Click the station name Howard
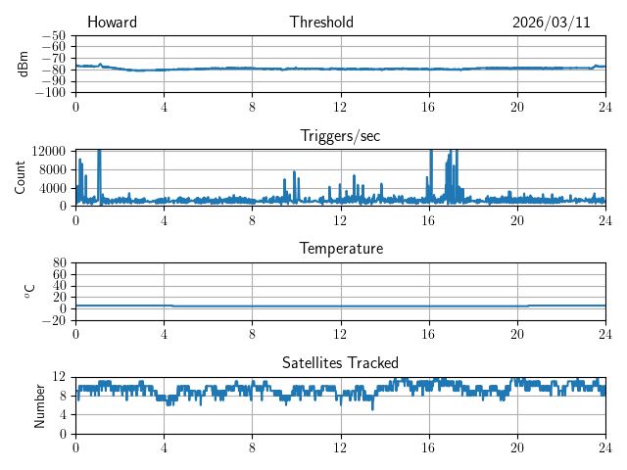(x=112, y=23)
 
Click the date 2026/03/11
(x=551, y=23)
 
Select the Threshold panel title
(x=321, y=23)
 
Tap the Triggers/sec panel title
(x=340, y=136)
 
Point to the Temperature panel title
(x=341, y=249)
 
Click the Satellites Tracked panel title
(x=340, y=362)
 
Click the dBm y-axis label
(x=23, y=63)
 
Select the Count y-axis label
(x=20, y=177)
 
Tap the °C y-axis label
(x=30, y=291)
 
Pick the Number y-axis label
(x=40, y=404)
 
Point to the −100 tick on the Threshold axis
(x=53, y=93)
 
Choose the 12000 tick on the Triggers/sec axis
(x=49, y=151)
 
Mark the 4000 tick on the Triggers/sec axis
(x=53, y=188)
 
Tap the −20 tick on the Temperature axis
(x=56, y=320)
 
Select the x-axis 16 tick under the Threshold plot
(x=428, y=107)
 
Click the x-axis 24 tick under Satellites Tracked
(x=604, y=447)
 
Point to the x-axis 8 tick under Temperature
(x=252, y=334)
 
